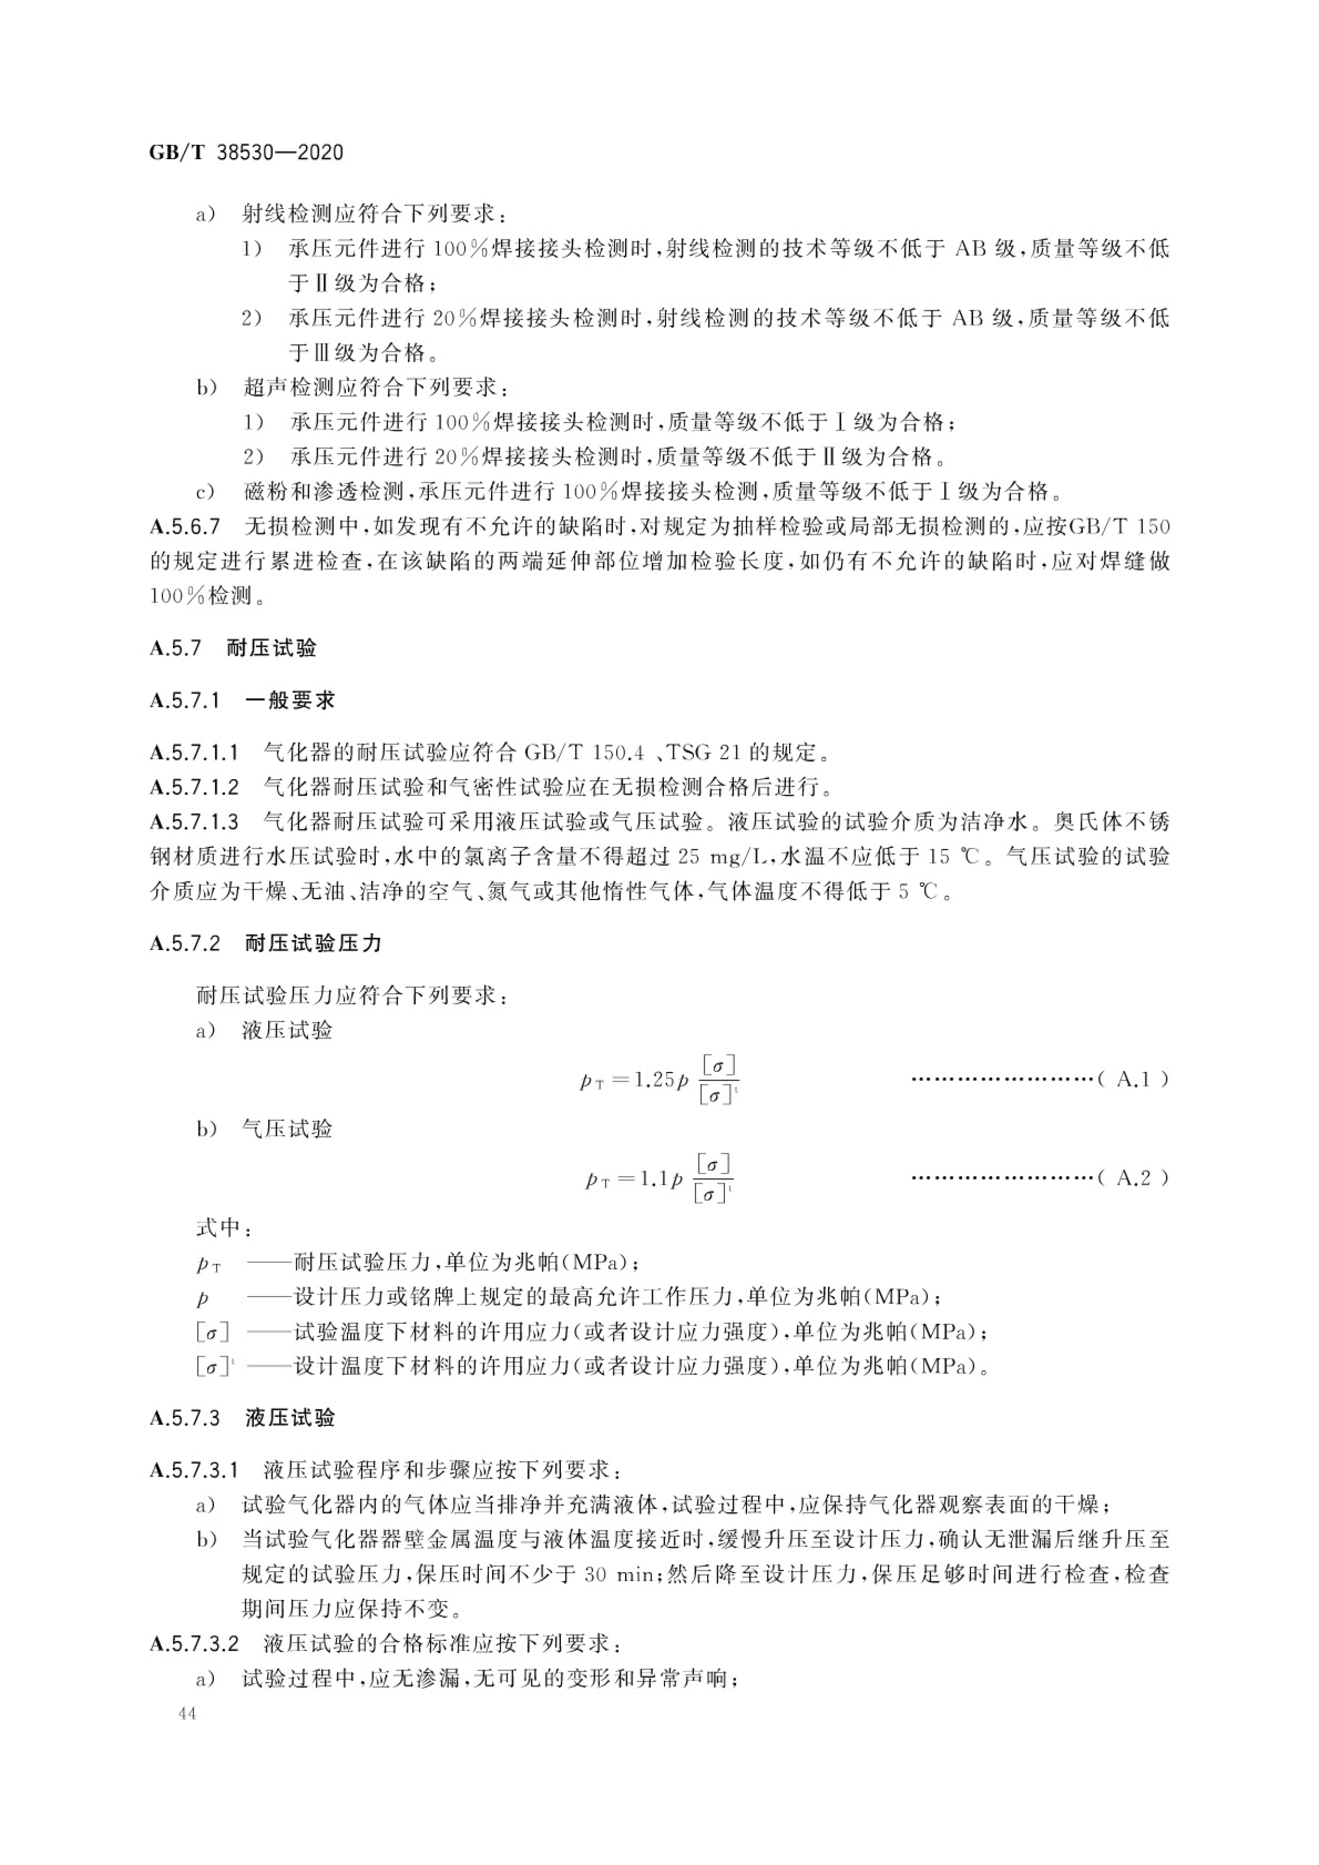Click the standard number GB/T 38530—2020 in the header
tap(246, 152)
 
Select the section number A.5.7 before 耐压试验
tap(176, 647)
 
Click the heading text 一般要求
tap(290, 700)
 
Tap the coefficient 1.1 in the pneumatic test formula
tap(652, 1178)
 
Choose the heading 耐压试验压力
tap(313, 943)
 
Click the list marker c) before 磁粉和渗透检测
tap(205, 491)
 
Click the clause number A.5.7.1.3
tap(194, 822)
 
